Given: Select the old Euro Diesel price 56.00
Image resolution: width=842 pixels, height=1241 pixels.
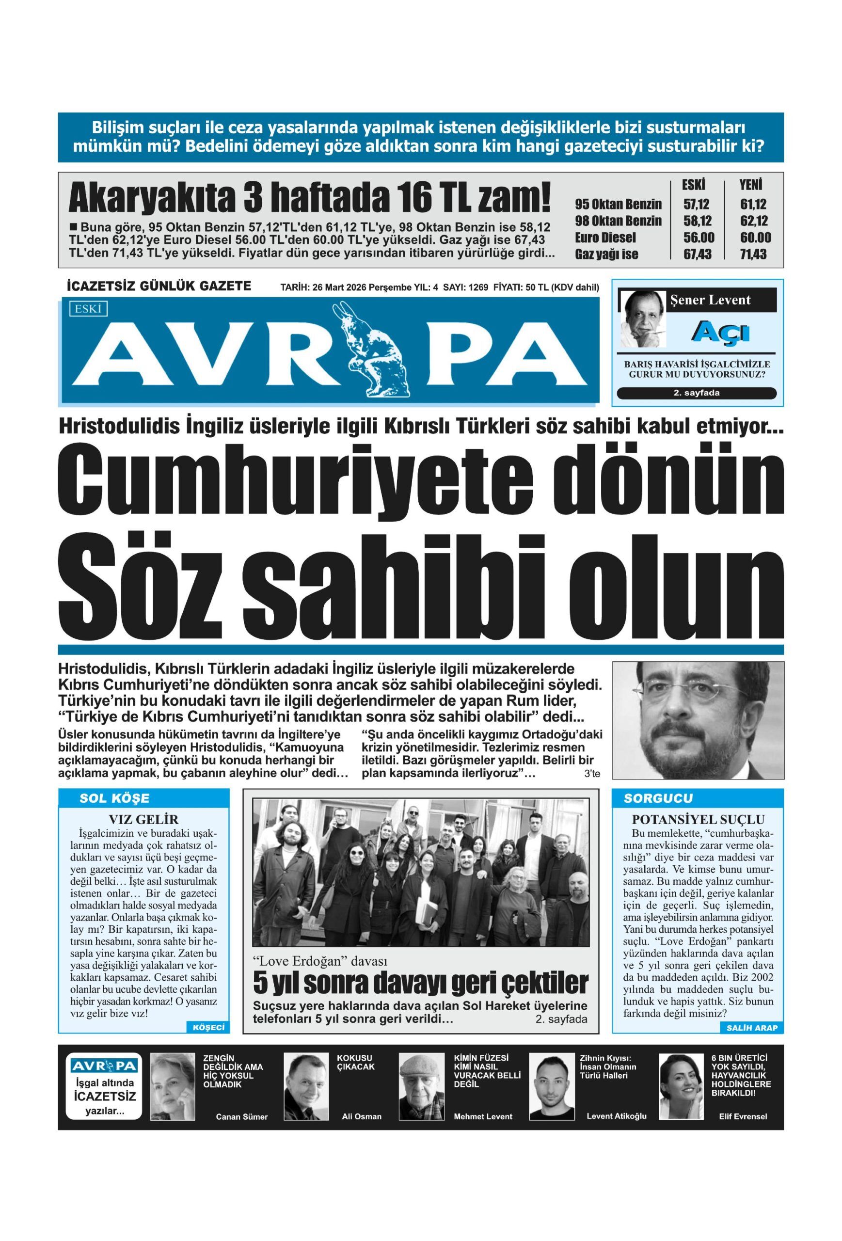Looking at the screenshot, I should coord(698,238).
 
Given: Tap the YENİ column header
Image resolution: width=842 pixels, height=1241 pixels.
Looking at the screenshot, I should coord(750,185).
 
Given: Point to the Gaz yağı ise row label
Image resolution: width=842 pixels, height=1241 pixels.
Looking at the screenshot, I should coord(606,254).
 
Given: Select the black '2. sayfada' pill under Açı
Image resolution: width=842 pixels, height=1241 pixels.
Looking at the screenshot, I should coord(696,393).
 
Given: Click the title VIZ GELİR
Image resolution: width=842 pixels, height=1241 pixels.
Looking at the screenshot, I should coord(143,819).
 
